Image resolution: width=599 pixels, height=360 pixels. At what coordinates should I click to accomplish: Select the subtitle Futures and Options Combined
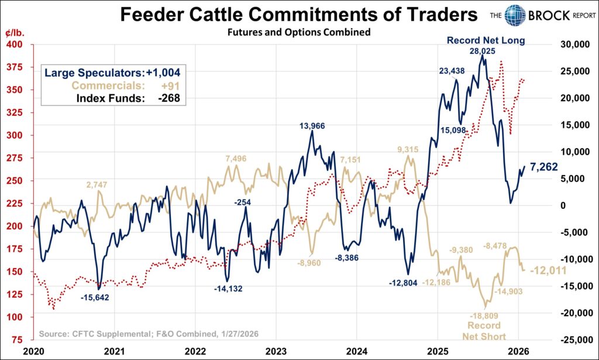(299, 33)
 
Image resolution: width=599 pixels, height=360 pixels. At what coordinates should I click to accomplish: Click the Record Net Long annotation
(486, 40)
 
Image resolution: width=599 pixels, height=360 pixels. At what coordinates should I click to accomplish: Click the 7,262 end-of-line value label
(543, 166)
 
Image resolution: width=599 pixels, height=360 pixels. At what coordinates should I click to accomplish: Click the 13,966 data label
(312, 125)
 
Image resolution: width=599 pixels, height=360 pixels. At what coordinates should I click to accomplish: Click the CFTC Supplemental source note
(149, 334)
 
